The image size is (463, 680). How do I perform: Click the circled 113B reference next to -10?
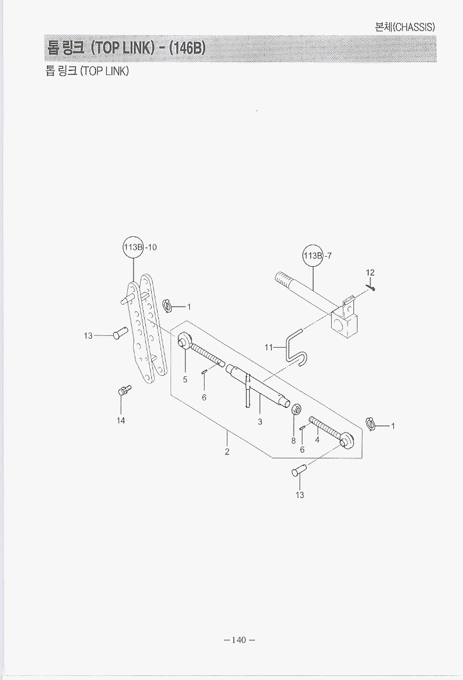click(133, 247)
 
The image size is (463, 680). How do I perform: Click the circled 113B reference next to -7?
click(313, 256)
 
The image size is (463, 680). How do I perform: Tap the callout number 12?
click(370, 273)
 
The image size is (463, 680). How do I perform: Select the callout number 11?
click(268, 348)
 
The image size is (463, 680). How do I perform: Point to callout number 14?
click(121, 420)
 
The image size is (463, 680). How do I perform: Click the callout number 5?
click(185, 379)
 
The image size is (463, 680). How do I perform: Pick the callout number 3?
click(260, 421)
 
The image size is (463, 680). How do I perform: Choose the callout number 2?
click(227, 452)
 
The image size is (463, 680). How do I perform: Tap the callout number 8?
click(294, 441)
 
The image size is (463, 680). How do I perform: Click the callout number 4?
click(317, 440)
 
